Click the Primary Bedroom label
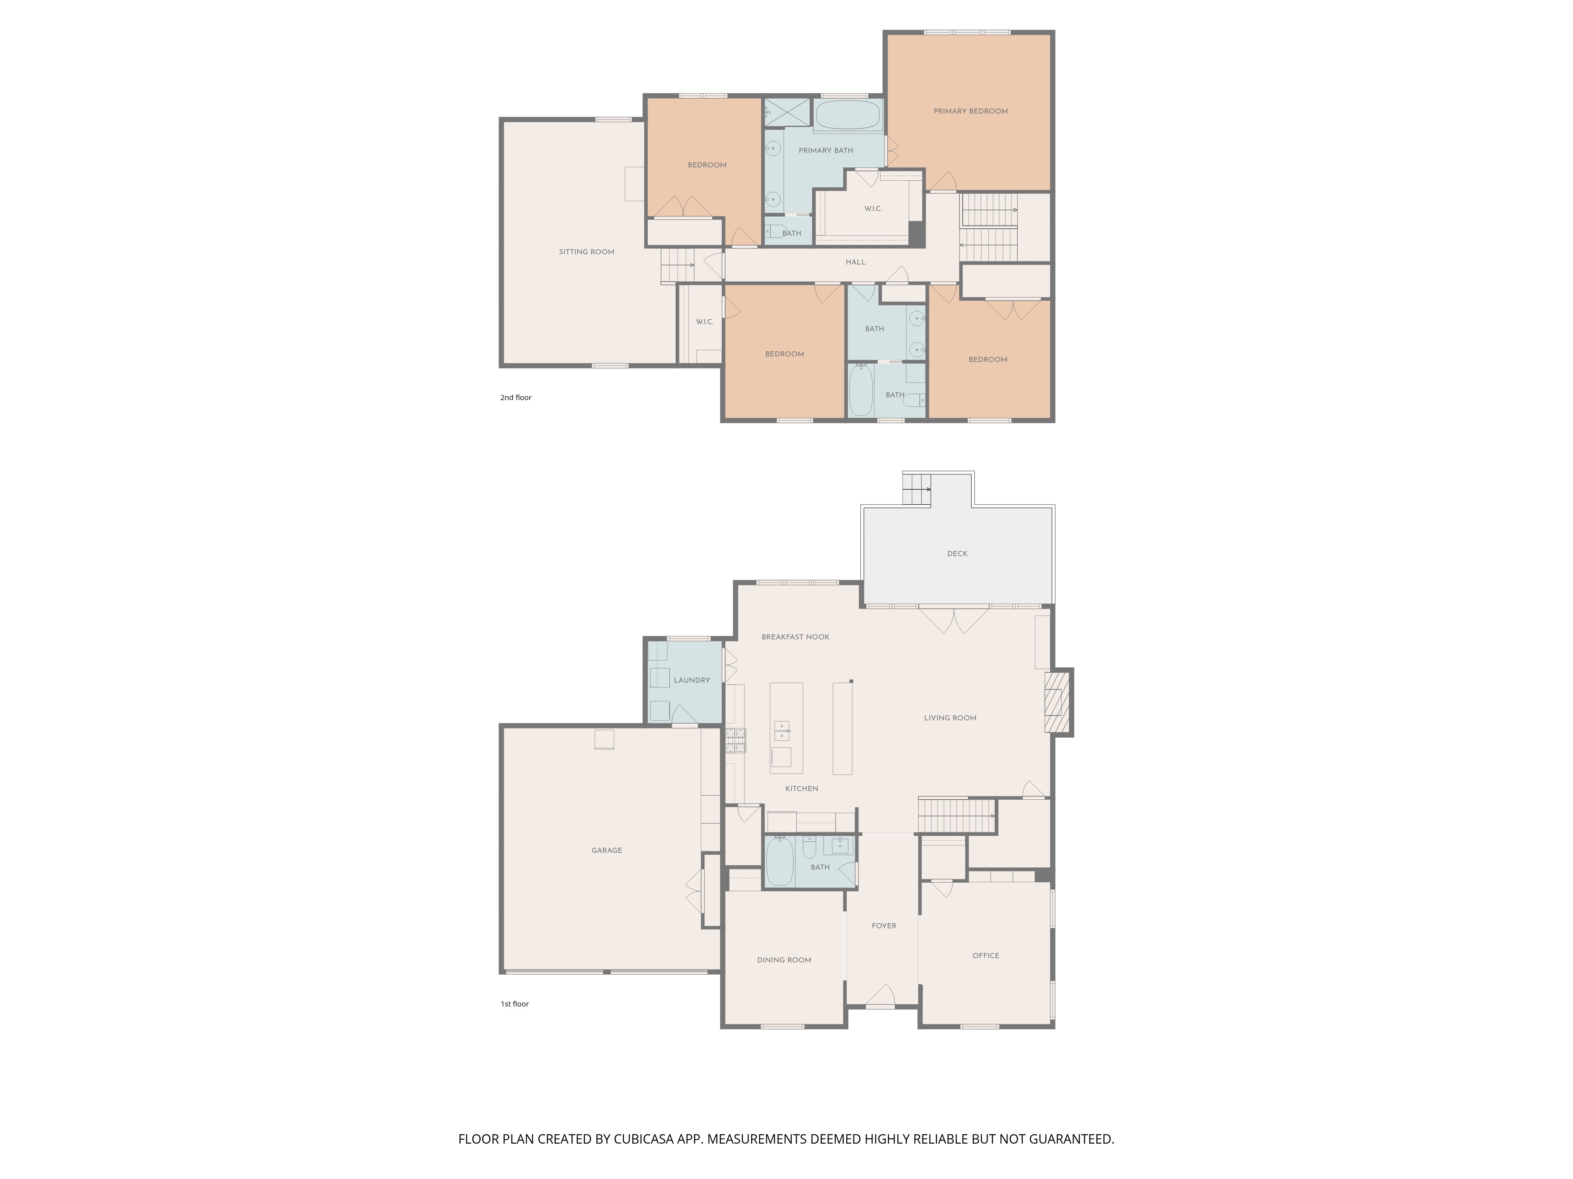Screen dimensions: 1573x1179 click(970, 111)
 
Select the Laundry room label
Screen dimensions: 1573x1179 click(692, 680)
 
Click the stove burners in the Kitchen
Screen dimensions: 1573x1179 click(735, 740)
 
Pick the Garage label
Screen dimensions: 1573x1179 click(606, 850)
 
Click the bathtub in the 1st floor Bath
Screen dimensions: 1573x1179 click(780, 861)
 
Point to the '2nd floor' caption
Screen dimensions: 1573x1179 click(516, 397)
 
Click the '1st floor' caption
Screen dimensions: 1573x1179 click(515, 1004)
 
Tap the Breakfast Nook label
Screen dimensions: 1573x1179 click(795, 637)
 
